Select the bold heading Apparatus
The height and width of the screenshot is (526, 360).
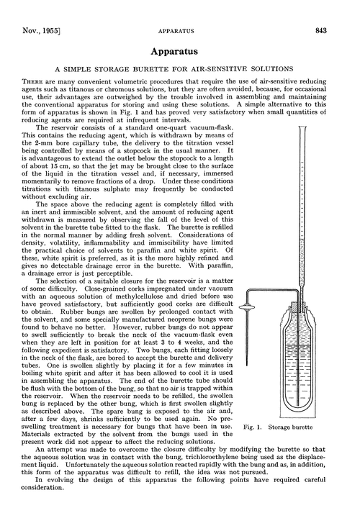[x=179, y=53]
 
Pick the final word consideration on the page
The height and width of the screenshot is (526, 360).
[x=49, y=514]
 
